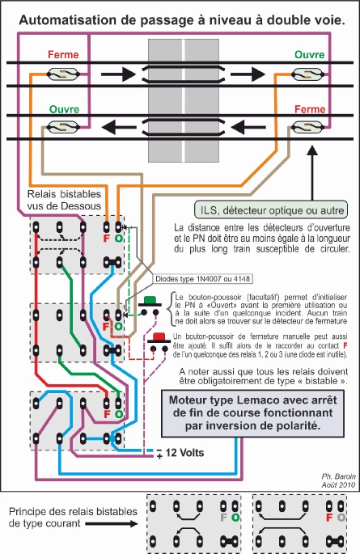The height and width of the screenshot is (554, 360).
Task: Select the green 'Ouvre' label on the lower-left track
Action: tap(63, 108)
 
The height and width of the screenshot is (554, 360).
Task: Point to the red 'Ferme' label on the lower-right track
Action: tap(310, 108)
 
